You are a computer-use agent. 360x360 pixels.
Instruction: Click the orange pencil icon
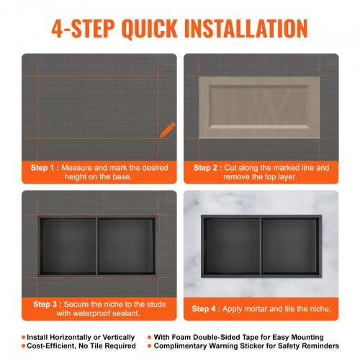point(168,130)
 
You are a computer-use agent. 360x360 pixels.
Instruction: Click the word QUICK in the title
point(150,29)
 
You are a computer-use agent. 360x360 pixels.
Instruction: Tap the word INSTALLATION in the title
point(246,29)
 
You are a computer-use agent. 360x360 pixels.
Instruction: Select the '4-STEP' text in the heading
point(83,29)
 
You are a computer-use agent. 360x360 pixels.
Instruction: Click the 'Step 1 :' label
point(45,168)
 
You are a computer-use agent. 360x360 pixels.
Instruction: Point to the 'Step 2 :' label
point(208,168)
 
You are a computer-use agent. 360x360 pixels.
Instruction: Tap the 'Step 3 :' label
point(48,305)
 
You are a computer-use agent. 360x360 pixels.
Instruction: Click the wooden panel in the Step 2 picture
point(259,107)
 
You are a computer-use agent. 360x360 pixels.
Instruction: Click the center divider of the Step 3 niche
point(97,246)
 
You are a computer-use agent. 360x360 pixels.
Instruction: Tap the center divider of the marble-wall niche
point(261,246)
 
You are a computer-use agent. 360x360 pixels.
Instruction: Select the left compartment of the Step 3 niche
point(68,246)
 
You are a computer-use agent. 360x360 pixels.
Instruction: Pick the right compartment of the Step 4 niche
point(290,246)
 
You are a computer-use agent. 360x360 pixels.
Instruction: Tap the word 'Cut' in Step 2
point(230,168)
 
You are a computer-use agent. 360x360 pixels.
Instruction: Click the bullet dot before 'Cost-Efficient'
point(24,346)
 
